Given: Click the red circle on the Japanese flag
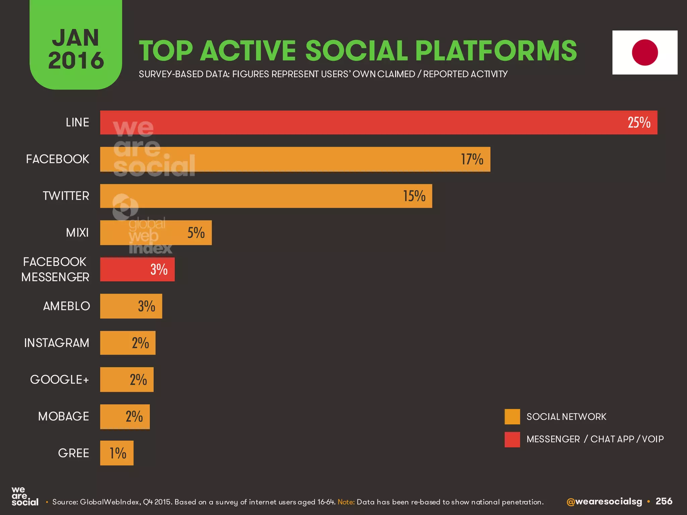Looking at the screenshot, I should (645, 53).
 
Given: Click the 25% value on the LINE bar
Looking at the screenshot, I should (639, 123).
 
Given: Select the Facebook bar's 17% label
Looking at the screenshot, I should (472, 159).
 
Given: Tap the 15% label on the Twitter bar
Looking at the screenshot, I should (414, 196).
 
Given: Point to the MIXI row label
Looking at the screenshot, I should (77, 232).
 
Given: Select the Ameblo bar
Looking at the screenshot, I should (131, 306).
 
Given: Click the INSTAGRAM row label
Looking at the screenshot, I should (57, 343).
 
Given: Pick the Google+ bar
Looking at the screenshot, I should (126, 380).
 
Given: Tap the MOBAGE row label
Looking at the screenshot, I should (63, 416).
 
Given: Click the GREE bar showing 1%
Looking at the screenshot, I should (117, 453).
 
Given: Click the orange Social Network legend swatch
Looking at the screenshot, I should (512, 417).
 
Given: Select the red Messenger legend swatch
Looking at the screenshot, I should (512, 439).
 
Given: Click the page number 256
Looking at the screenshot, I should (664, 501).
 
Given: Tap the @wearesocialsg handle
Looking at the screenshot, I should (604, 502).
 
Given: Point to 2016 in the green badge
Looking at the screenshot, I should (76, 61).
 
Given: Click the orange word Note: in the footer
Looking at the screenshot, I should (346, 502).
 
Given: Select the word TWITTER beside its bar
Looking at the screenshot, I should (66, 196).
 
